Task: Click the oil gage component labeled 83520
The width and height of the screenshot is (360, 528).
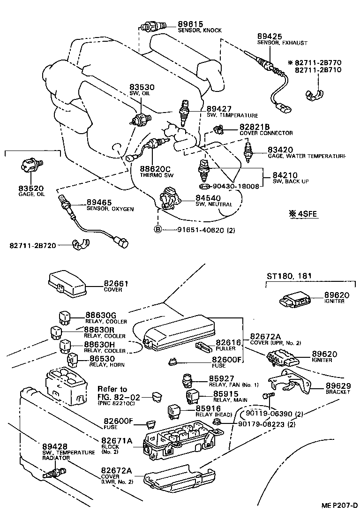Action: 30,166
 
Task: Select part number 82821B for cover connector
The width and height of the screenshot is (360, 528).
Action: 255,127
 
